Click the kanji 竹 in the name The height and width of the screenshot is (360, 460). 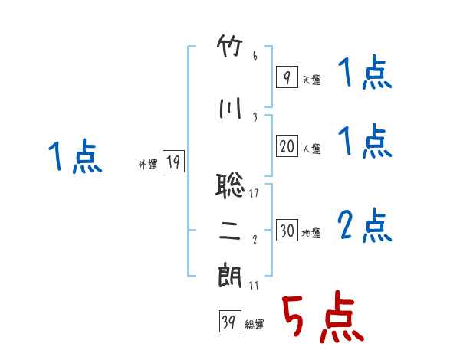click(x=230, y=46)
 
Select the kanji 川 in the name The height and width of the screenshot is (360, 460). click(x=230, y=109)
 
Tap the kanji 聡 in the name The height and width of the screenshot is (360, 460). click(x=230, y=185)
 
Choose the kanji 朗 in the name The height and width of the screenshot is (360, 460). click(x=230, y=276)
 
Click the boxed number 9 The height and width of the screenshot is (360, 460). click(x=287, y=77)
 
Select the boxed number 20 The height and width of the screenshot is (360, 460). click(x=287, y=146)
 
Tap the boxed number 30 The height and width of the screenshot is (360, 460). click(x=287, y=230)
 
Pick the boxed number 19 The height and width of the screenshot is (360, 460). click(x=173, y=161)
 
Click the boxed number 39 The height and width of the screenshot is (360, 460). click(x=230, y=321)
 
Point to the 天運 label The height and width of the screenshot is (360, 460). click(x=311, y=80)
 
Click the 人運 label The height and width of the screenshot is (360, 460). click(x=311, y=149)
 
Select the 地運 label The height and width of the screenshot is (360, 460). click(x=311, y=234)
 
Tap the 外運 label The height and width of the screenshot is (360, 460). click(x=148, y=164)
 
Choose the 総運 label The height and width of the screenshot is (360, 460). click(x=255, y=325)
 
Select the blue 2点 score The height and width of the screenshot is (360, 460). click(x=365, y=225)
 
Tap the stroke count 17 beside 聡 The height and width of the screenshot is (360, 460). click(x=254, y=193)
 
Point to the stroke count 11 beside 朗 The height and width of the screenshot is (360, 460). click(x=254, y=285)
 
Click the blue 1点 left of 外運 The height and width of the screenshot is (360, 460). click(x=75, y=155)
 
